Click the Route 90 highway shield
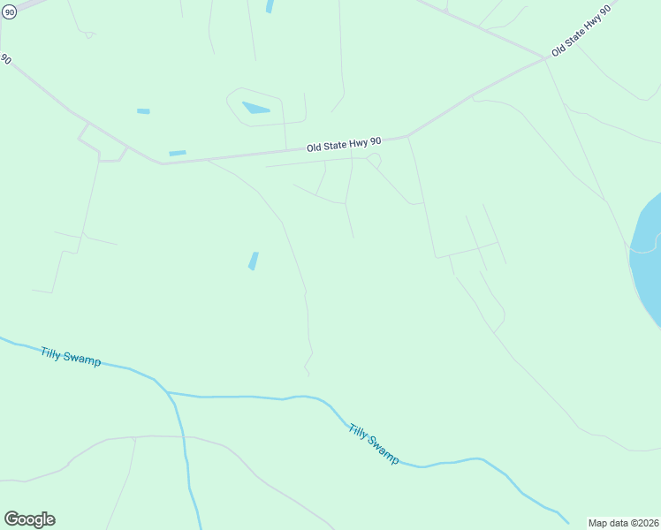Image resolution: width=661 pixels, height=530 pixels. (x=10, y=13)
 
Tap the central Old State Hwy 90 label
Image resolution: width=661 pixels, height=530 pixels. (x=344, y=144)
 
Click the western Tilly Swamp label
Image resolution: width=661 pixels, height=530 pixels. (x=71, y=357)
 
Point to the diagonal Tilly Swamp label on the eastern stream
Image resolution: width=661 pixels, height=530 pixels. (x=374, y=444)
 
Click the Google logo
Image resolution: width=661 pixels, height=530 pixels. (x=29, y=519)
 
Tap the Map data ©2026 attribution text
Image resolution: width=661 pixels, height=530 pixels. (x=624, y=523)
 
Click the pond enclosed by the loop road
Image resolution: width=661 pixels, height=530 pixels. (x=255, y=109)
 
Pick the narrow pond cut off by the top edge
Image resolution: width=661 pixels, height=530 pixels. (x=269, y=5)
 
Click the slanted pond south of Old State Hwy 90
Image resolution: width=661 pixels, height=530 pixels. (x=254, y=261)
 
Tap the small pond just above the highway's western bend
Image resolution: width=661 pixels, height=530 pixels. (x=178, y=154)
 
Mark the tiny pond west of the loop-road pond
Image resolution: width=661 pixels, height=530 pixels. (x=143, y=111)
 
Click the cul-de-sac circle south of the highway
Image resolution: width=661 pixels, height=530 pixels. (x=374, y=160)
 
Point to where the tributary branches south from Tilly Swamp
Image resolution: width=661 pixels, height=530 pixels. (x=167, y=392)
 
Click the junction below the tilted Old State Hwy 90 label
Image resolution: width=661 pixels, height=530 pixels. (x=544, y=59)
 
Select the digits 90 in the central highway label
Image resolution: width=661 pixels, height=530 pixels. (x=375, y=141)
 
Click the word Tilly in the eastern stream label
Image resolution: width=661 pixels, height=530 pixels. (x=359, y=433)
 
